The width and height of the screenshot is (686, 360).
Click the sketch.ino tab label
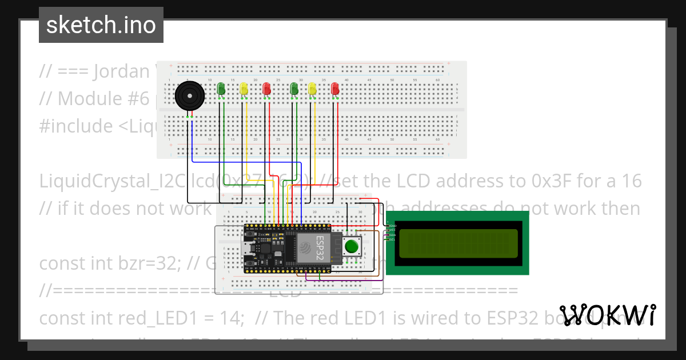tap(101, 25)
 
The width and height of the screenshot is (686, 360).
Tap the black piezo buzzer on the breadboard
tap(189, 96)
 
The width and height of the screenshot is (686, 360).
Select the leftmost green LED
tap(221, 89)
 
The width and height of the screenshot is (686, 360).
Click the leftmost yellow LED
tap(244, 89)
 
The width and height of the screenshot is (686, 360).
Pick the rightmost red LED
tap(335, 89)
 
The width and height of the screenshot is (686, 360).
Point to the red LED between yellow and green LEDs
tap(266, 89)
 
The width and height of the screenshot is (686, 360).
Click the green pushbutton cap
tap(352, 247)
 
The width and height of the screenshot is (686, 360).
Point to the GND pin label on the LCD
tap(392, 226)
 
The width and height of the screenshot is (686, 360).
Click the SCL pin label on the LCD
tap(392, 239)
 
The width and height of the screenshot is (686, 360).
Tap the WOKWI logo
tap(607, 315)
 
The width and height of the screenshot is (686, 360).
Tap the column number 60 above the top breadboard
tap(437, 79)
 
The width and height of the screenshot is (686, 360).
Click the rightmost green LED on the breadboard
tap(294, 89)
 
